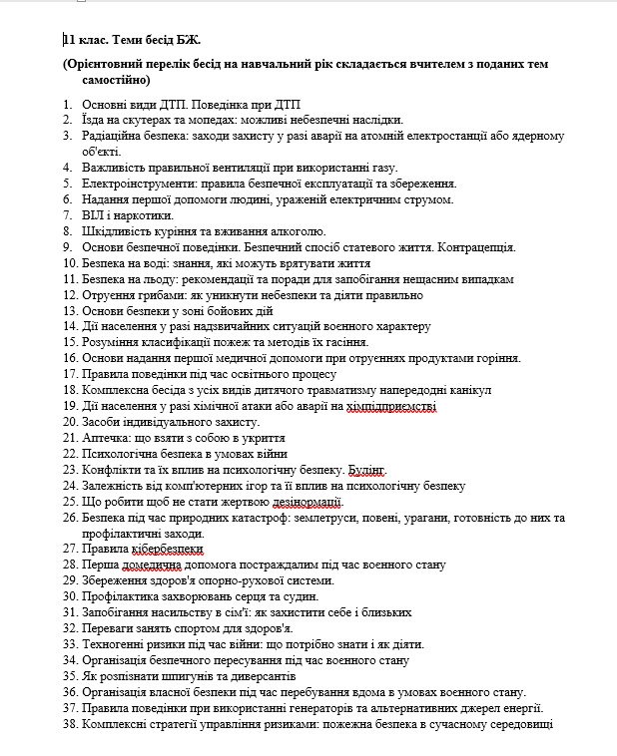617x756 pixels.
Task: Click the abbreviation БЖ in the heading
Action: [187, 41]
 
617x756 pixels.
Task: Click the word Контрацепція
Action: [467, 246]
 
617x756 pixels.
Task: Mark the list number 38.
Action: [69, 724]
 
